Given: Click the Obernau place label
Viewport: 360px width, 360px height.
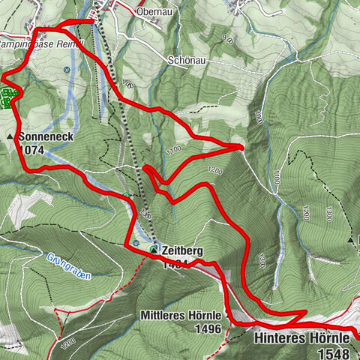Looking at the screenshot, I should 155,12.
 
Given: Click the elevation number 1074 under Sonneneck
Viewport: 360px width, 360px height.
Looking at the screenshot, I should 33,149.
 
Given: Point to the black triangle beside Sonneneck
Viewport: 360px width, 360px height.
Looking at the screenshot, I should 10,138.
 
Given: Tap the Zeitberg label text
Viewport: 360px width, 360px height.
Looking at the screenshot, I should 182,250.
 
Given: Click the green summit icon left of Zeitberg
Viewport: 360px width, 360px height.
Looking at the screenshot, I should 153,248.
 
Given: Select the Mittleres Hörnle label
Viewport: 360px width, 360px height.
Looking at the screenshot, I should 180,316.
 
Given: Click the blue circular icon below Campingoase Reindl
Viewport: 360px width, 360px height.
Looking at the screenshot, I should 67,69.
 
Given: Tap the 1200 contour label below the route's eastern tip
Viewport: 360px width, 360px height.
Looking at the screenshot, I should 215,170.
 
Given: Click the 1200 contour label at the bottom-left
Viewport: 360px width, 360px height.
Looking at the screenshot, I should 70,341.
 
